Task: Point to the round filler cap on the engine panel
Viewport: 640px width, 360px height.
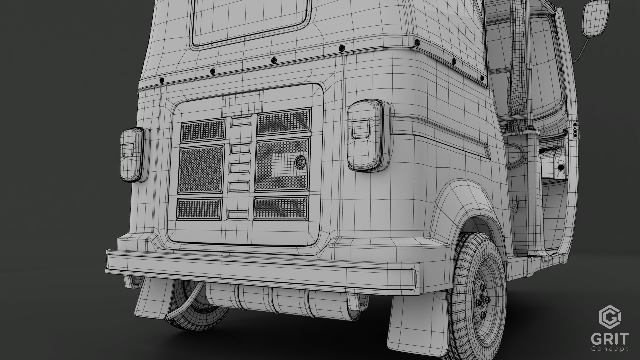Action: click(300, 161)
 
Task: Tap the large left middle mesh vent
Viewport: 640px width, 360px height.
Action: click(201, 170)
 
